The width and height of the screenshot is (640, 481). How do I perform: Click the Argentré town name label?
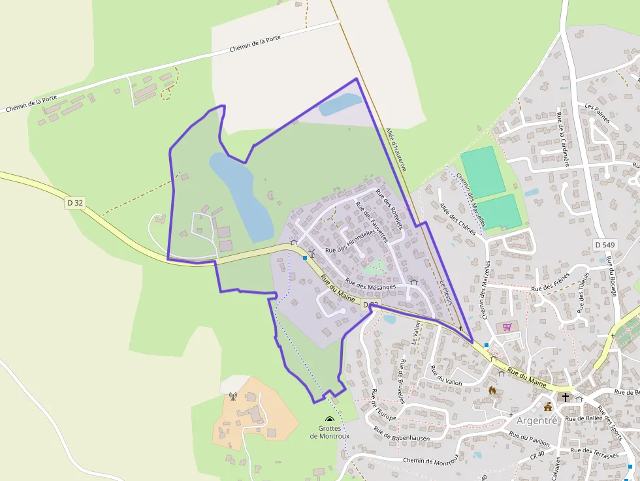(537, 420)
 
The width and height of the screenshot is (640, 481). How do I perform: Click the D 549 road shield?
(605, 244)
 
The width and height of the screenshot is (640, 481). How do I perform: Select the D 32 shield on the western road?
(75, 203)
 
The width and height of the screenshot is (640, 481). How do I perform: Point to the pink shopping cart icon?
(507, 326)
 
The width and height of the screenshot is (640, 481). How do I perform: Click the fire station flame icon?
(492, 390)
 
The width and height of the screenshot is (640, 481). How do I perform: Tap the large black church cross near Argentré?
(566, 397)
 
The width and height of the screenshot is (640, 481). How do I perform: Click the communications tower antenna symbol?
(232, 396)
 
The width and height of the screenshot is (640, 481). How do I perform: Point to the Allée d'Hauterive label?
(396, 149)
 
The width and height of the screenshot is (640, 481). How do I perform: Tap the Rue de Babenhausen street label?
(403, 435)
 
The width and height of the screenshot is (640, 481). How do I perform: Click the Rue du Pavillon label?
(529, 439)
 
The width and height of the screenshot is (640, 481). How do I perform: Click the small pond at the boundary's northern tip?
(339, 104)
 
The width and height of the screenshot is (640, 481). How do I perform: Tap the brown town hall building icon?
(548, 407)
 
